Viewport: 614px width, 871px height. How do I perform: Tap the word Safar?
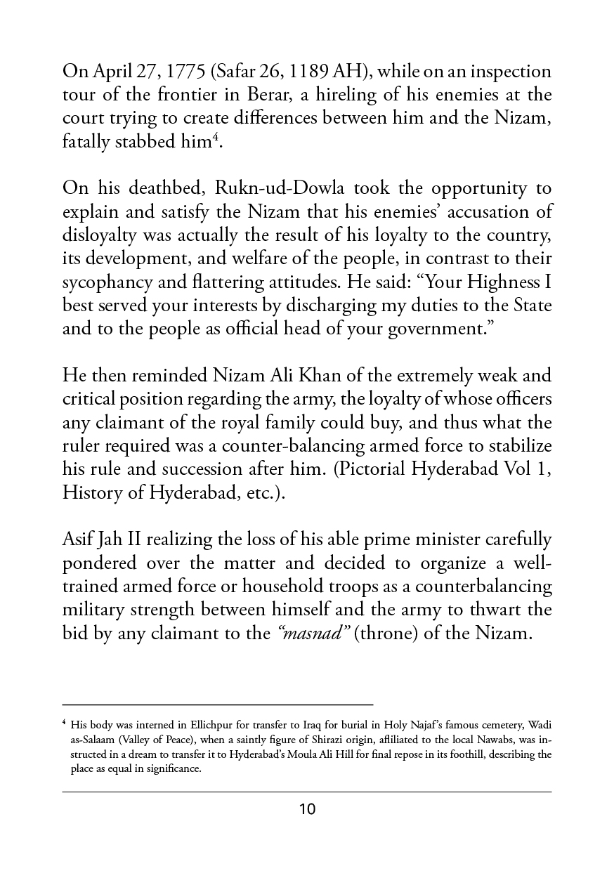[x=236, y=72]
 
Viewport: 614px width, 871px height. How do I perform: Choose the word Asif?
[x=79, y=521]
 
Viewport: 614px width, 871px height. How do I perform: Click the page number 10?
[x=307, y=809]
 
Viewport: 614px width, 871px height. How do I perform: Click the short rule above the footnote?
[x=218, y=703]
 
